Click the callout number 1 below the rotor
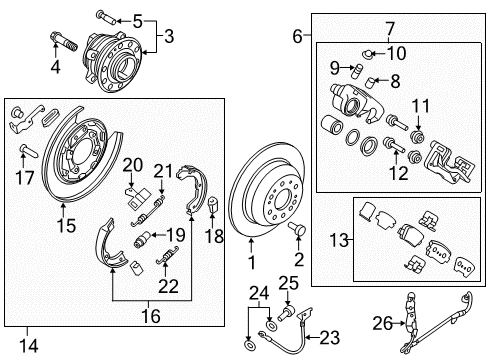(252, 262)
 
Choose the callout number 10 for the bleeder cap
(397, 52)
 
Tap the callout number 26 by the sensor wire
(406, 323)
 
